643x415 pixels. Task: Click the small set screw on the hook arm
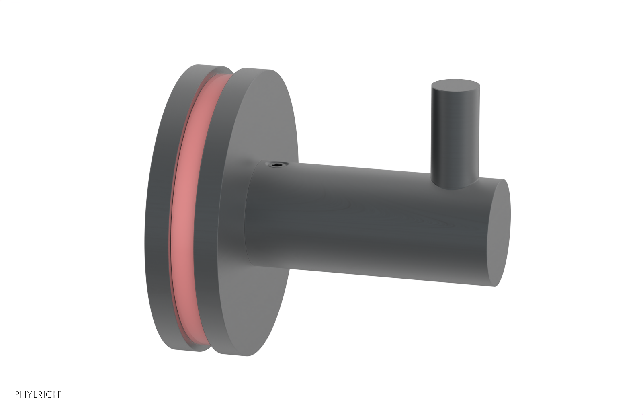[274, 165]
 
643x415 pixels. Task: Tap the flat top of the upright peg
[455, 86]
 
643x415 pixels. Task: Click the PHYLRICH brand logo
[38, 394]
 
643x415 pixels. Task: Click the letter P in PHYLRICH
[17, 394]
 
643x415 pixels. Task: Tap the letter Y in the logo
[29, 394]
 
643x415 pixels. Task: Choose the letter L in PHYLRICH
[35, 394]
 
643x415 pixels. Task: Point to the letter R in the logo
[40, 394]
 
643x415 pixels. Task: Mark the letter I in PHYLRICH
[44, 394]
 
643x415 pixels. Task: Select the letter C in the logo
[49, 394]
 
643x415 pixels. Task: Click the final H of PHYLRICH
[56, 394]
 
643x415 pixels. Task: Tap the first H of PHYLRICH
[23, 394]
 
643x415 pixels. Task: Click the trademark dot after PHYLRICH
[60, 392]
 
